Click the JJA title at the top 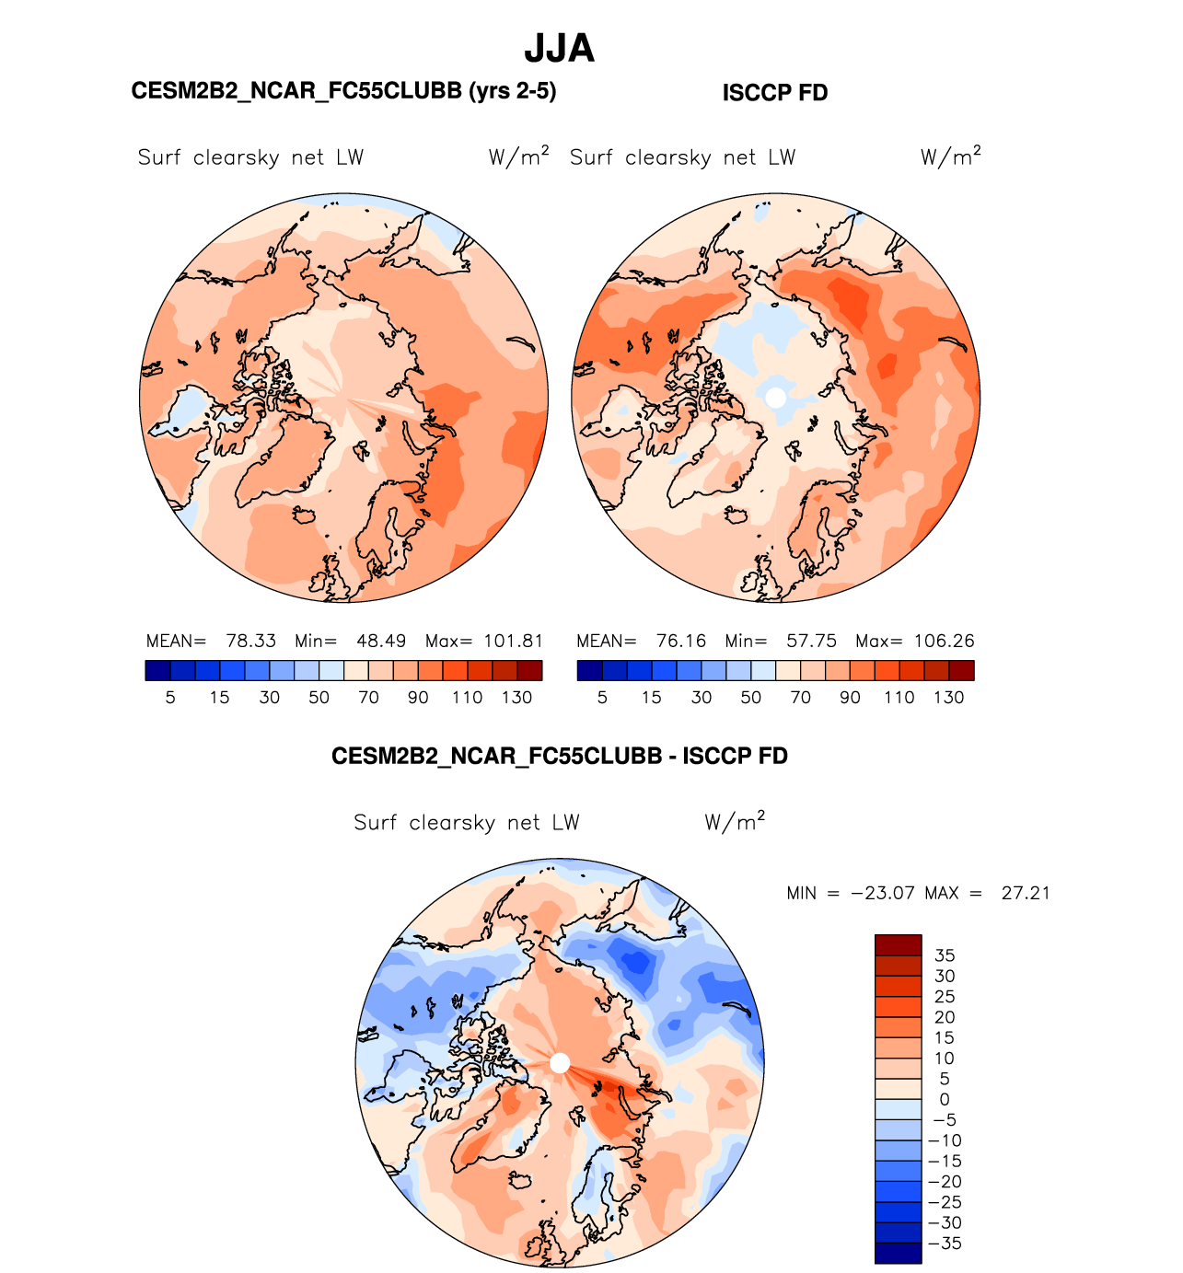coord(559,49)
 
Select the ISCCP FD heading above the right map coord(774,93)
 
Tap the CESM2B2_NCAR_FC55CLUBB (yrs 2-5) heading coord(343,91)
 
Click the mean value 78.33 coord(251,641)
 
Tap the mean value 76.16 coord(681,641)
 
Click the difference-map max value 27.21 coord(1026,893)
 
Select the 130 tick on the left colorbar coord(516,698)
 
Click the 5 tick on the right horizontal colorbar coord(602,698)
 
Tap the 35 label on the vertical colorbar coord(945,955)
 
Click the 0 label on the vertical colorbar coord(945,1099)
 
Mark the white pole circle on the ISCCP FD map coord(776,397)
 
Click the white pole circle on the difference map coord(560,1063)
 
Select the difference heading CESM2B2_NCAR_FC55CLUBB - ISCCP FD coord(559,757)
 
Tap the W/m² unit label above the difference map coord(735,821)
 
